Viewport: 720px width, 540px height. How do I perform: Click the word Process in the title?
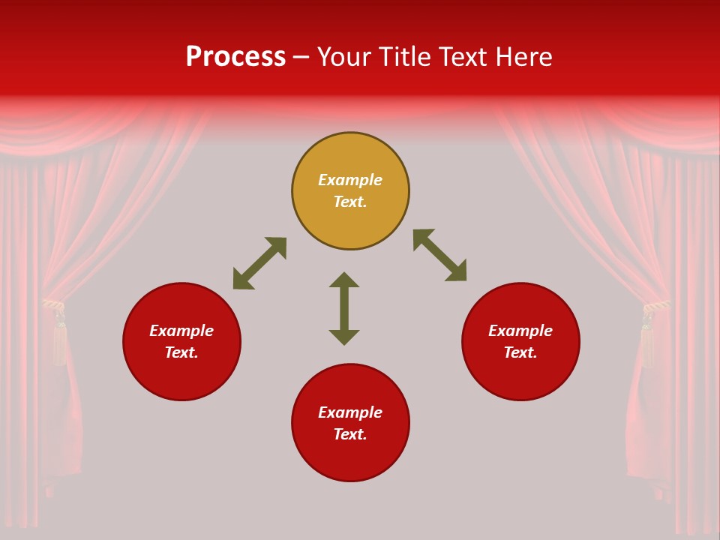point(235,57)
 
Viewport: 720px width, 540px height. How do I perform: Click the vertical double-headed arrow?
point(344,308)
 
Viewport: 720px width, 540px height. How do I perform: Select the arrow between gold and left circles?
point(259,263)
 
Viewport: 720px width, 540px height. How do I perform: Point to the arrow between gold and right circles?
point(439,255)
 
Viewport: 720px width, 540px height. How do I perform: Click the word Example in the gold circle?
point(350,180)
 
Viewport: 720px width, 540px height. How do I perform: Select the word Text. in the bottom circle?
point(350,434)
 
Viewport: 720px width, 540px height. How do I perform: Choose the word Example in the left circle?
point(181,331)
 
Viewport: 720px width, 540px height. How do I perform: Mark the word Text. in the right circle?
point(520,352)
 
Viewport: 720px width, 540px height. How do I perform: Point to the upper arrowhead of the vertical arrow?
point(344,279)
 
